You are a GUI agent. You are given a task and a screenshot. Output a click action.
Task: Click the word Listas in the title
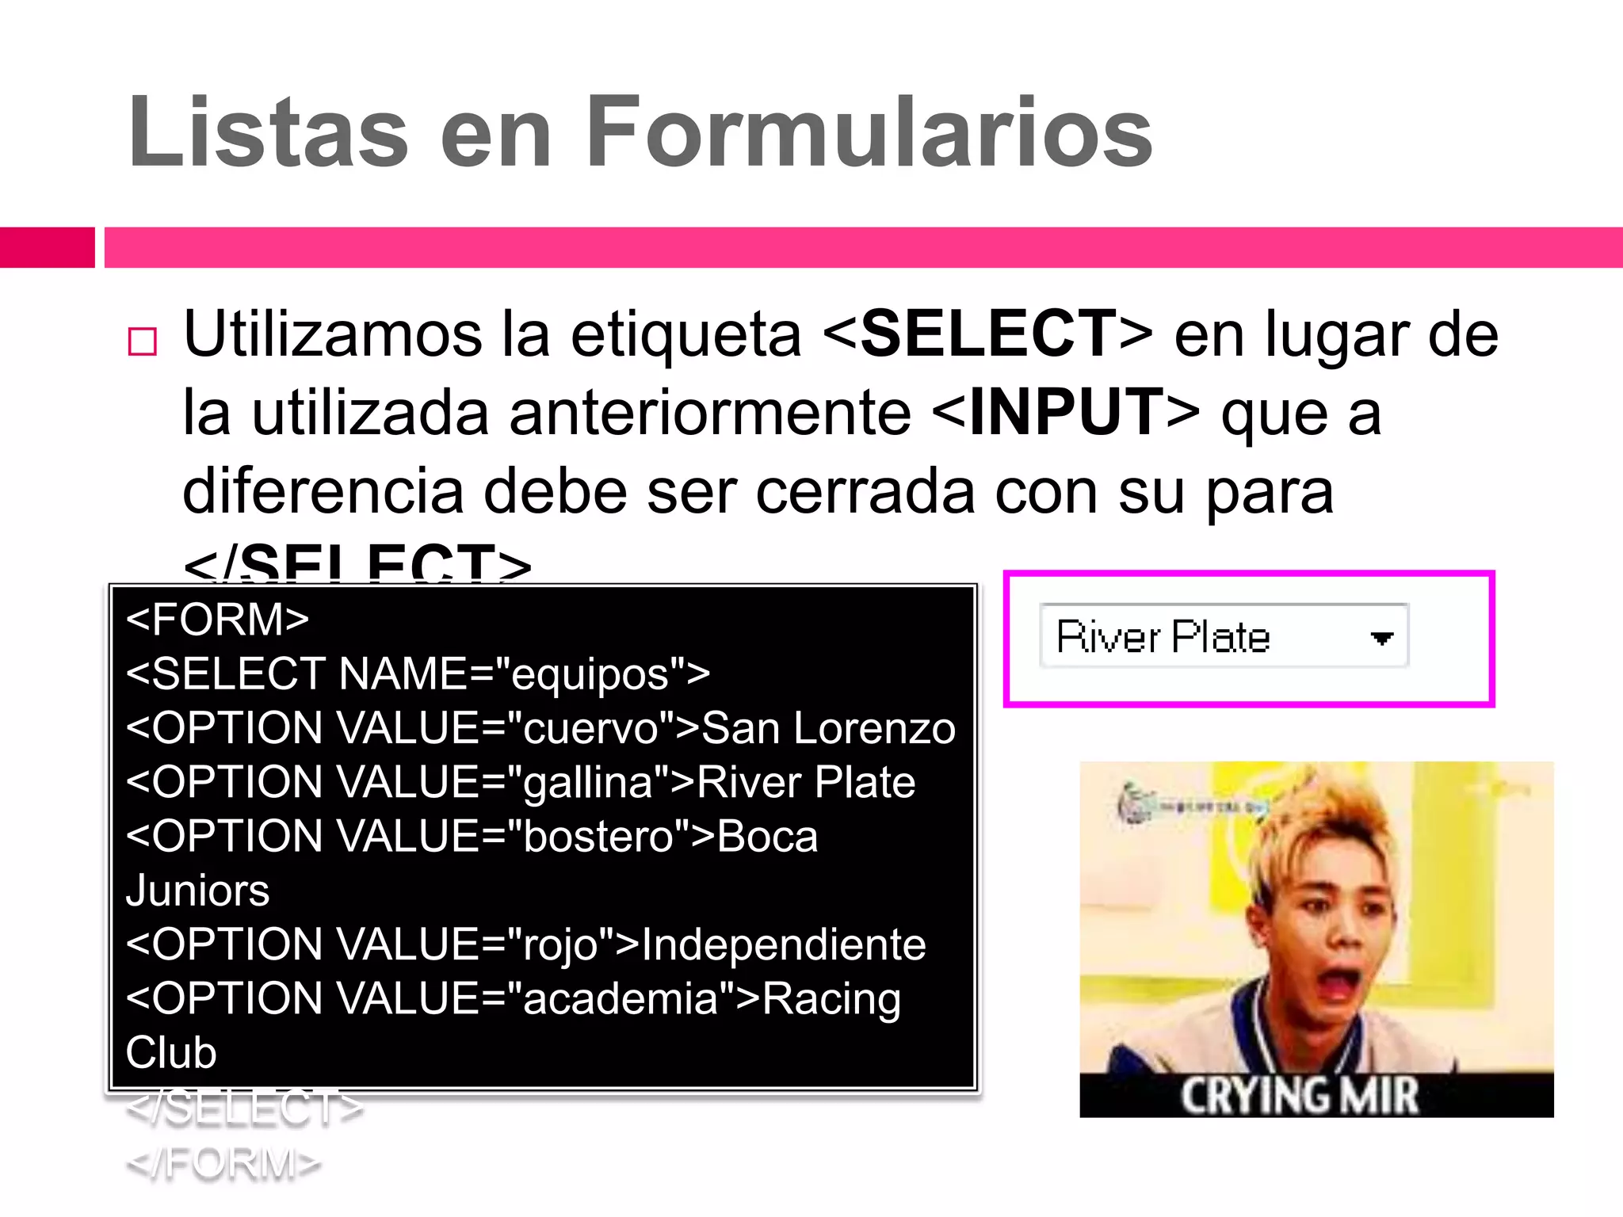268,133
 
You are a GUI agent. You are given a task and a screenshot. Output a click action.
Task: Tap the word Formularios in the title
869,133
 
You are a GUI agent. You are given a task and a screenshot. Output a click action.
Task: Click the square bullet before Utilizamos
143,341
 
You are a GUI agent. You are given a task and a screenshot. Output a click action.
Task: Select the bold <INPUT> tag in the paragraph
1065,413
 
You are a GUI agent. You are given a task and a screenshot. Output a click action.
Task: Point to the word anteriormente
710,413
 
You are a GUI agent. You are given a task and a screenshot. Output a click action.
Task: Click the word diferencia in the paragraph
323,491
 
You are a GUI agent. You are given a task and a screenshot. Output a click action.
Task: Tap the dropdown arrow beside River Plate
1381,638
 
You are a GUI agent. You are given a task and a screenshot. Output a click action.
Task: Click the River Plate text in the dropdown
1163,637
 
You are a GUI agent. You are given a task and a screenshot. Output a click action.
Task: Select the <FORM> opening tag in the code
217,620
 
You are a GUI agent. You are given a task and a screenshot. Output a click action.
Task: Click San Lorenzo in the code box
829,728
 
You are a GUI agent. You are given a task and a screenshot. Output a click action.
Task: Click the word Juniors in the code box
197,891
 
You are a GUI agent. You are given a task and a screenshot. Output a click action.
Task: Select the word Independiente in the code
783,944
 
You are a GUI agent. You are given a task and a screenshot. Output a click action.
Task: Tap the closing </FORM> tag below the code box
223,1163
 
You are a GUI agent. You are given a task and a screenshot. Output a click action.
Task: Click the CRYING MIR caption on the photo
1300,1097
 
